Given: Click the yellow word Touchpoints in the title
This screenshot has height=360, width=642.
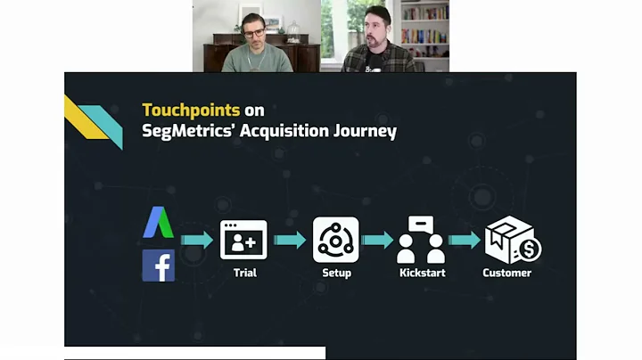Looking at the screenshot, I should (x=191, y=110).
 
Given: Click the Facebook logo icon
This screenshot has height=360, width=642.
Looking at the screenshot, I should (x=158, y=266).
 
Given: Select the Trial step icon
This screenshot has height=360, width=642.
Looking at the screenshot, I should (x=243, y=239).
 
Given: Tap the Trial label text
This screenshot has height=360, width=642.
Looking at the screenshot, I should (x=244, y=273).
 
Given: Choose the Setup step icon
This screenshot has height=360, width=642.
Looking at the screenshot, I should (x=336, y=239).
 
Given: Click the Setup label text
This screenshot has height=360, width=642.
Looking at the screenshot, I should (x=336, y=273).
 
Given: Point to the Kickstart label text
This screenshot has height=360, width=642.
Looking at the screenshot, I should (x=422, y=273).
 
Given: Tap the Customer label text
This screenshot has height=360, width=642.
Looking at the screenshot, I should (x=506, y=273).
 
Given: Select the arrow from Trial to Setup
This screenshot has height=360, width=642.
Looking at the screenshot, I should (x=290, y=240).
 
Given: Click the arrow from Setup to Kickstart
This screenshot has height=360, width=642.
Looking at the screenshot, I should (x=378, y=240).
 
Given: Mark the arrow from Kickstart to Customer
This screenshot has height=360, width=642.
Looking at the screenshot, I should (x=465, y=240).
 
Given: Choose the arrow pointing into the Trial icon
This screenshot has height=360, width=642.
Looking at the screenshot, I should (x=197, y=240).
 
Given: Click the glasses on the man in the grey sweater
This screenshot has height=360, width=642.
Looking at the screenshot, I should (x=253, y=32).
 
